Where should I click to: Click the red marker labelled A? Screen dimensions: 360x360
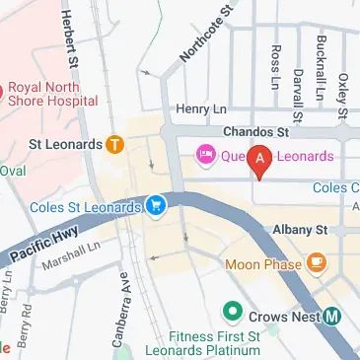(x=259, y=159)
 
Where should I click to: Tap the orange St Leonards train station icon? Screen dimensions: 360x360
(x=115, y=145)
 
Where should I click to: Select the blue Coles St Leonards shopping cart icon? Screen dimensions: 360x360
(x=156, y=205)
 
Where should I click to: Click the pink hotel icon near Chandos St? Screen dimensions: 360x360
(x=206, y=155)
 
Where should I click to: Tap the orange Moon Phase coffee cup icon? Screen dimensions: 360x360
(x=316, y=262)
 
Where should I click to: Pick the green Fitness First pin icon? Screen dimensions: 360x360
(x=233, y=313)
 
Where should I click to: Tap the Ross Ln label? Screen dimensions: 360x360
(x=275, y=65)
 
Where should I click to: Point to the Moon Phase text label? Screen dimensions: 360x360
(x=264, y=263)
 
